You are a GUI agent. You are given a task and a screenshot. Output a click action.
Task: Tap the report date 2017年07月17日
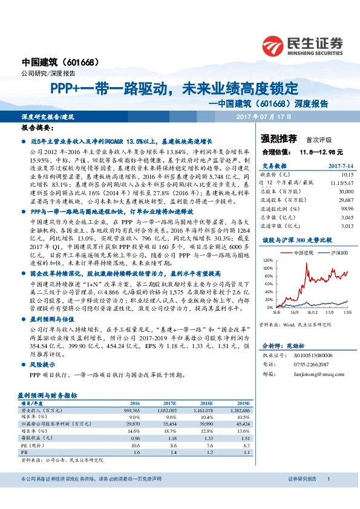(x=264, y=115)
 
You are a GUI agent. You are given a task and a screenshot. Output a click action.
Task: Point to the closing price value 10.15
(x=344, y=173)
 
